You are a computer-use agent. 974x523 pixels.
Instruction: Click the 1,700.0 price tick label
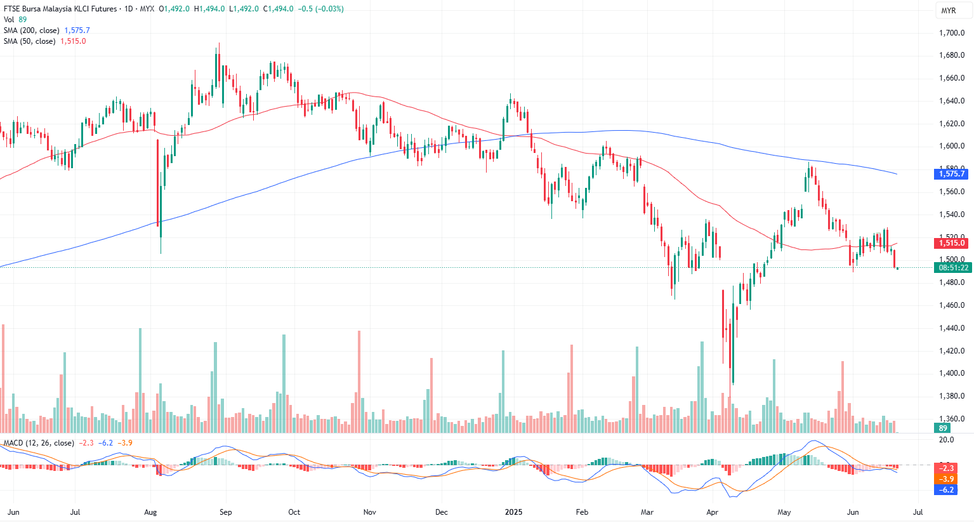[952, 33]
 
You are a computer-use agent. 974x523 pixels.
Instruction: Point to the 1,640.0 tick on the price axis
[952, 101]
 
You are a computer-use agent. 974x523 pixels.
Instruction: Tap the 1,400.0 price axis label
[952, 373]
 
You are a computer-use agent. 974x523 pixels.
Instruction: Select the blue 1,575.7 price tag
[952, 174]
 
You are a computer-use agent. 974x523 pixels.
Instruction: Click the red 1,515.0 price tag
[952, 243]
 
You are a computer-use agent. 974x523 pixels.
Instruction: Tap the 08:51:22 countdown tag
[953, 268]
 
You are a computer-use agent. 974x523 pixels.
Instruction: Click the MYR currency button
[949, 11]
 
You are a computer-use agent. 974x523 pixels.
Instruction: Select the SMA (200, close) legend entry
[31, 30]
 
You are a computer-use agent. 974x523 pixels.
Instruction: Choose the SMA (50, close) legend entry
[29, 41]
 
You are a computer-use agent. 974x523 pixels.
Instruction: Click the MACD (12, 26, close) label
[39, 443]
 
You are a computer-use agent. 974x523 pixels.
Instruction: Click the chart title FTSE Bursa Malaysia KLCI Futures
[60, 9]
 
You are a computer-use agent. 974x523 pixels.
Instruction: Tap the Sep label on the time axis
[225, 512]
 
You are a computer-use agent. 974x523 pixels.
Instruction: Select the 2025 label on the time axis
[513, 512]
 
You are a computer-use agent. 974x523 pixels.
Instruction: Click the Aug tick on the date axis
[150, 512]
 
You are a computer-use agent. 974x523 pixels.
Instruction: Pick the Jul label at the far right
[918, 512]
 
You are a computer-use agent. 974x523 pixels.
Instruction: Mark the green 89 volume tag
[944, 428]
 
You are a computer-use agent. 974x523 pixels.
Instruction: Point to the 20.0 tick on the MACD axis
[946, 440]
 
